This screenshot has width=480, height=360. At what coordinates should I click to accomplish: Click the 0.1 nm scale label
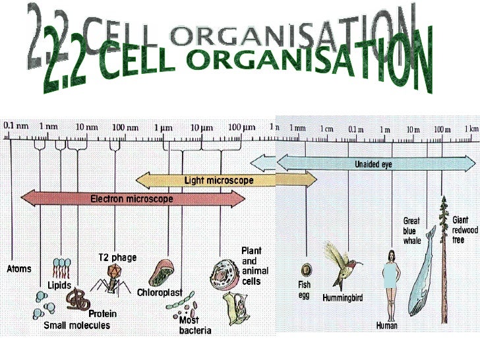(x=16, y=125)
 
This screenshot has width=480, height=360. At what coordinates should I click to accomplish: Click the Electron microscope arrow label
(x=132, y=198)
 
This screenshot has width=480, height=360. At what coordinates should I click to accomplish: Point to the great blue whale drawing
(x=422, y=270)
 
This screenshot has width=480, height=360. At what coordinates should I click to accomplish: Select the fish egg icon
(x=306, y=270)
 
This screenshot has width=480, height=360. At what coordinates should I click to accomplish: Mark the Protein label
(x=102, y=315)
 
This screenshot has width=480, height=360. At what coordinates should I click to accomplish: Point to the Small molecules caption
(x=76, y=326)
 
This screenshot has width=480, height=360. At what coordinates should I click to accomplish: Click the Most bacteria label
(x=195, y=325)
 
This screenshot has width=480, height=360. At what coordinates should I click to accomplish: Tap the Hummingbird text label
(x=342, y=298)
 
